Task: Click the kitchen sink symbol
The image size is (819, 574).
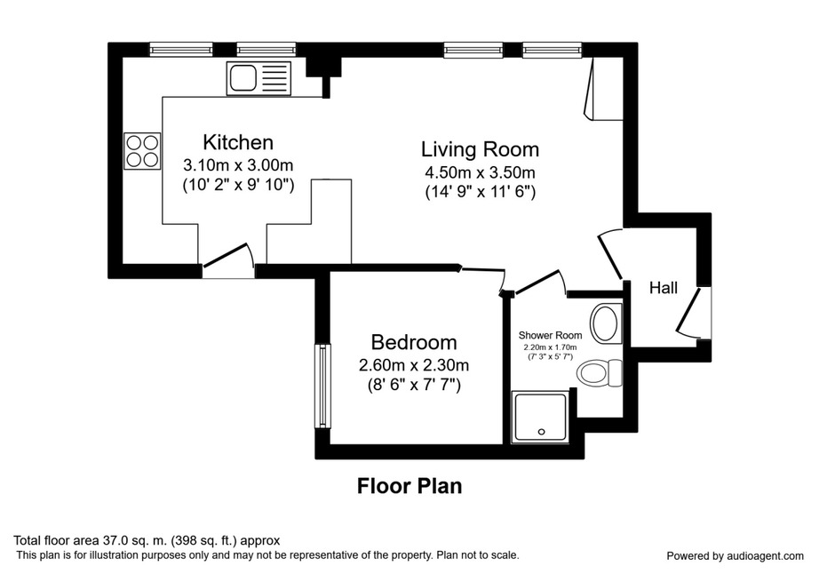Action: tap(258, 78)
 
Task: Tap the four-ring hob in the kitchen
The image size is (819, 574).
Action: tap(142, 151)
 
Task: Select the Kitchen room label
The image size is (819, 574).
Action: tap(238, 142)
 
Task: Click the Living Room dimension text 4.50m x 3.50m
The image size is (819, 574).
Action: tap(480, 171)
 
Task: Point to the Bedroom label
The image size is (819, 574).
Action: tap(414, 342)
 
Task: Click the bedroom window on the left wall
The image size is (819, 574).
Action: tap(324, 386)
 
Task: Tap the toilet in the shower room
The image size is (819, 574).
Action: tap(600, 373)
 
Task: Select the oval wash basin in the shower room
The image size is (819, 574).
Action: tap(605, 323)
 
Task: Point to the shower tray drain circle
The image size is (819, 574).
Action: tap(542, 432)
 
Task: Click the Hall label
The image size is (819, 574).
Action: tap(664, 288)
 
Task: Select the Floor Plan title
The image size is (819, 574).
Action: tap(409, 486)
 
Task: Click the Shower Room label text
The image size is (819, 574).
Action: tap(550, 335)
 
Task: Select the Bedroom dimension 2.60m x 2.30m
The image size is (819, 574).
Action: tap(414, 364)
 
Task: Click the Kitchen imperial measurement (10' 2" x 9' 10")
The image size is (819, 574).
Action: tap(238, 185)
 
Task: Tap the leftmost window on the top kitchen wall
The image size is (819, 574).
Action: tap(181, 50)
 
